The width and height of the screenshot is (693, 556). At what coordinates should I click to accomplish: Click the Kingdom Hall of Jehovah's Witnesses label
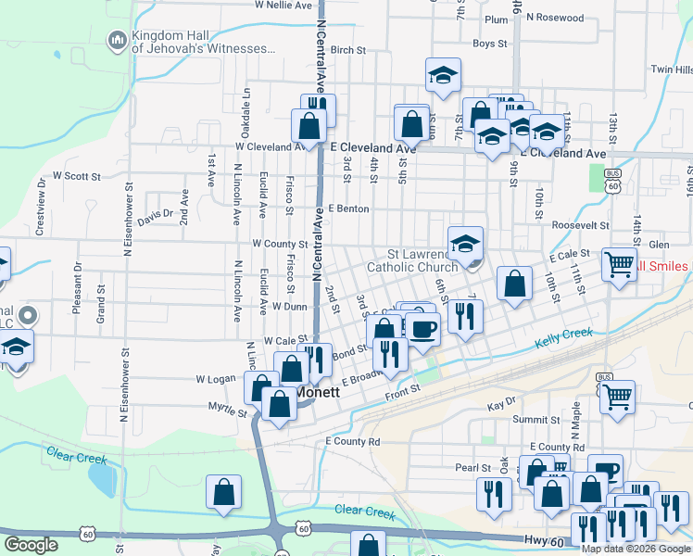(204, 42)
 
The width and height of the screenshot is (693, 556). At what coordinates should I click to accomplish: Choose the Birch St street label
(348, 50)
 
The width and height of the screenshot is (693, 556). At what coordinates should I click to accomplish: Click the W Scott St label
(76, 174)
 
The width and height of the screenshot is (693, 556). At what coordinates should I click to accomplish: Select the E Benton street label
(347, 209)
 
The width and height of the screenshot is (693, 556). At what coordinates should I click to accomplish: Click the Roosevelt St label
(579, 225)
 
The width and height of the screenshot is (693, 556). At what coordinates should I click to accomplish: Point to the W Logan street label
(216, 379)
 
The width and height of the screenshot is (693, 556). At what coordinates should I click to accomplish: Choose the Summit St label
(531, 420)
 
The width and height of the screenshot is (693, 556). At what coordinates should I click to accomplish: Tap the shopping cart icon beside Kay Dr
(617, 396)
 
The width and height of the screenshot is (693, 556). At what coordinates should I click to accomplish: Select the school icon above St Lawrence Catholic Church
(465, 244)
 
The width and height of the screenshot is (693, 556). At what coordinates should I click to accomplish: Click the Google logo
(31, 545)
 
